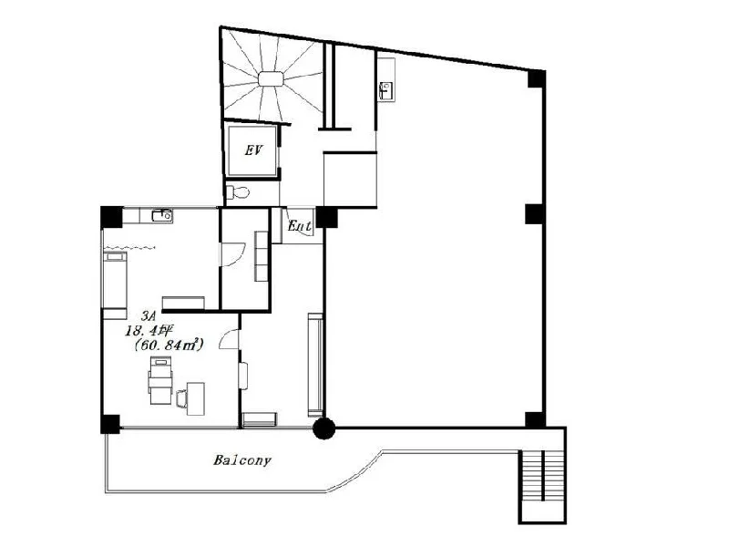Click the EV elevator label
pyautogui.click(x=253, y=150)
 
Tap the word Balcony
pyautogui.click(x=242, y=460)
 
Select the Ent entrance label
pyautogui.click(x=300, y=226)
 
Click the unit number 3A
pyautogui.click(x=149, y=316)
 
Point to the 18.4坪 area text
pyautogui.click(x=148, y=331)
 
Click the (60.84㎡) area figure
pyautogui.click(x=169, y=346)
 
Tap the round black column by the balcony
pyautogui.click(x=323, y=428)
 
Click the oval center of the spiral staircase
pyautogui.click(x=271, y=79)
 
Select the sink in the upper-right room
pyautogui.click(x=385, y=90)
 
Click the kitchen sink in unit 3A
pyautogui.click(x=162, y=215)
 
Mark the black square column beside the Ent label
pyautogui.click(x=326, y=217)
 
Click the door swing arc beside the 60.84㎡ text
pyautogui.click(x=229, y=339)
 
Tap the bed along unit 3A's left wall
pyautogui.click(x=115, y=280)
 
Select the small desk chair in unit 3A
pyautogui.click(x=181, y=399)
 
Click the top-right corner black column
pyautogui.click(x=536, y=78)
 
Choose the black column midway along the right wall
pyautogui.click(x=535, y=214)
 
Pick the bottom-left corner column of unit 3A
pyautogui.click(x=110, y=424)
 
